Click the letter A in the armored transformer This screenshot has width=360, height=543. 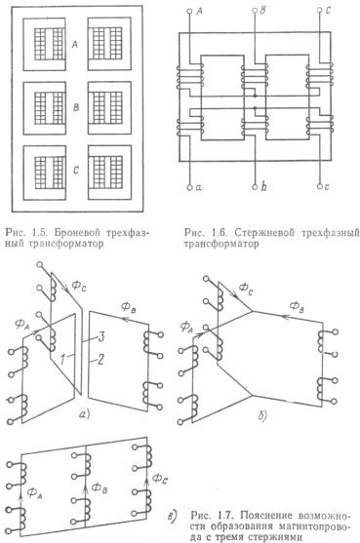tap(75, 44)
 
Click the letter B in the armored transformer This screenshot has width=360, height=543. tap(76, 107)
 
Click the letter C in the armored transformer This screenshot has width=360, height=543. tap(76, 171)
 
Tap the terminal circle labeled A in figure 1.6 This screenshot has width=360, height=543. tap(189, 11)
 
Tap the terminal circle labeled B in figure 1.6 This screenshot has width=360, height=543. tap(255, 11)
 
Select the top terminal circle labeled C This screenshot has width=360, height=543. tap(320, 11)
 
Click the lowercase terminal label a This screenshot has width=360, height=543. tap(199, 188)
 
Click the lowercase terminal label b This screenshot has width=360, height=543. tap(264, 186)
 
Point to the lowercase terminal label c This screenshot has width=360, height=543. tap(327, 187)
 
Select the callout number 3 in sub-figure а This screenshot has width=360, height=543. tap(100, 337)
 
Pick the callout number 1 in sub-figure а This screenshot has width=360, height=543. tap(61, 360)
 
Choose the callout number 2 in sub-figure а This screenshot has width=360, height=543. tap(100, 360)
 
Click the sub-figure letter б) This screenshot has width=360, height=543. tap(262, 416)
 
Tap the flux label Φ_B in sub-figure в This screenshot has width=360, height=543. tap(100, 488)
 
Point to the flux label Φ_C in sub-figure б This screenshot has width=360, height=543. tap(246, 289)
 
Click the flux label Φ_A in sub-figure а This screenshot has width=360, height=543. tap(22, 325)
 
